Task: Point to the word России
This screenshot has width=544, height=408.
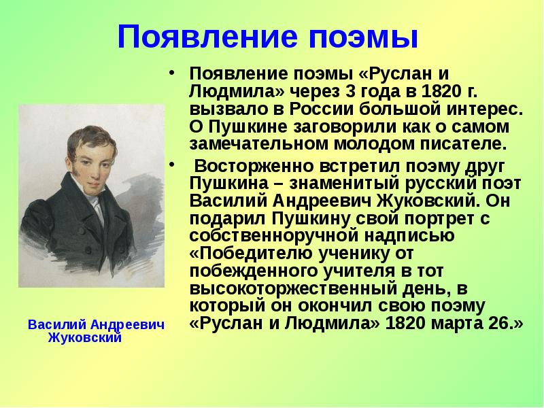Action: pyautogui.click(x=299, y=109)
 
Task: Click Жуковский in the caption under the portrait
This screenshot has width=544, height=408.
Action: pyautogui.click(x=85, y=337)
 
